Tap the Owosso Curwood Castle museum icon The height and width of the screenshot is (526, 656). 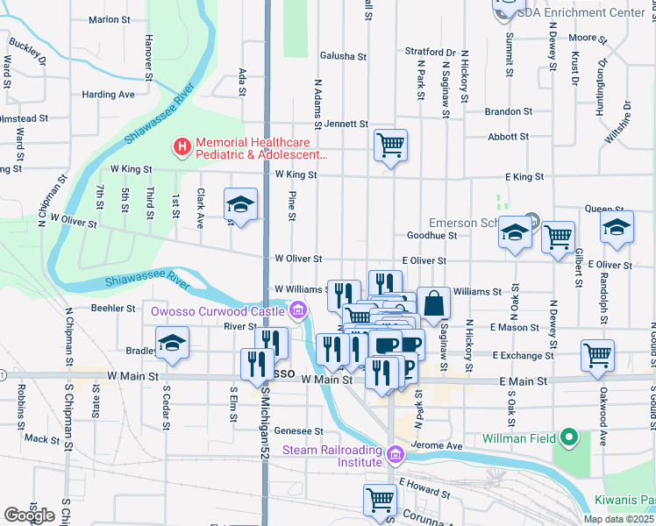click(x=298, y=310)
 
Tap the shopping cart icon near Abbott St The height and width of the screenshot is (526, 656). click(x=390, y=144)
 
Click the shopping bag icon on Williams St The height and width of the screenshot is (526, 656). click(x=433, y=302)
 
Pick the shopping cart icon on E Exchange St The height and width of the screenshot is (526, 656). click(x=597, y=355)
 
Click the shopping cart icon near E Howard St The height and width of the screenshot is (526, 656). click(x=380, y=499)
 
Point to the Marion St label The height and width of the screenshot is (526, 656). click(x=110, y=19)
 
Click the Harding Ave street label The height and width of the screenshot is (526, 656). click(x=109, y=94)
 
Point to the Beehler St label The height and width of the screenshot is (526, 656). click(x=113, y=309)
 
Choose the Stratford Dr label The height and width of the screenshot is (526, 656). click(x=431, y=52)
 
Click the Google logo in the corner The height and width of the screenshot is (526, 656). click(x=29, y=515)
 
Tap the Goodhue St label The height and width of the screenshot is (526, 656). click(x=432, y=235)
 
